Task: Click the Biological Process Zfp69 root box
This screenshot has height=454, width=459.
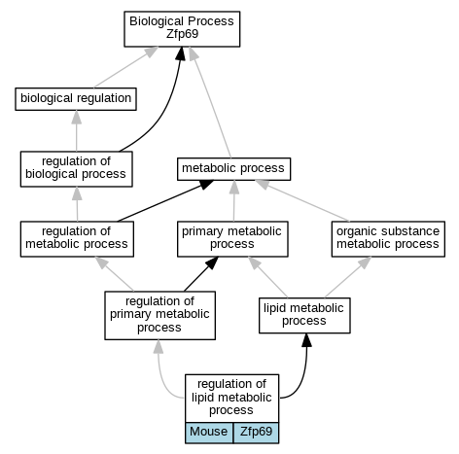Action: pos(182,29)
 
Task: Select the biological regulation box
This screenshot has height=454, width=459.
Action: pos(76,99)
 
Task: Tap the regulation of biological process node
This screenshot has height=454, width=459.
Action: pos(77,169)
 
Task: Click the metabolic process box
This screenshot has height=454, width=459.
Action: pos(233,169)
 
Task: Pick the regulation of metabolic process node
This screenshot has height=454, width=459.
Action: pos(77,239)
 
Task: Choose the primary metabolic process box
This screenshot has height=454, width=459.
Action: pos(232,239)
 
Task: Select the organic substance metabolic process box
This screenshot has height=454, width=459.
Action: pos(388,239)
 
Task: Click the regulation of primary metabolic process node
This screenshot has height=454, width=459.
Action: pos(159,315)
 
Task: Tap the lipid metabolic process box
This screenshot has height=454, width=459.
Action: pos(304,315)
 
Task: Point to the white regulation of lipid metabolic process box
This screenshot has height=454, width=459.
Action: pos(231,399)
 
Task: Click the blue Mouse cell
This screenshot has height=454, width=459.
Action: pos(209,433)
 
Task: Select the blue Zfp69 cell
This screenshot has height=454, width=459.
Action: pos(256,433)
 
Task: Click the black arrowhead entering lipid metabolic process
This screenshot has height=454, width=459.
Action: pos(306,340)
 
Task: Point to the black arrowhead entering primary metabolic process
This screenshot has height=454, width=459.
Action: pos(213,262)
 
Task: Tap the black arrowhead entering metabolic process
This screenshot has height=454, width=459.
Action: pos(206,185)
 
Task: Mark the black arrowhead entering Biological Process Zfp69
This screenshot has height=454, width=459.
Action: pos(181,53)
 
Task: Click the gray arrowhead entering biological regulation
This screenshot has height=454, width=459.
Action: pos(77,117)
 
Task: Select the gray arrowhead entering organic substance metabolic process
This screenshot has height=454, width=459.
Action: pos(366,262)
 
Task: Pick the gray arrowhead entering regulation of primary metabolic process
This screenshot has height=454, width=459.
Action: pos(159,347)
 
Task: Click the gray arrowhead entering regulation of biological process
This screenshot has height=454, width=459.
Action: pos(77,193)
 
